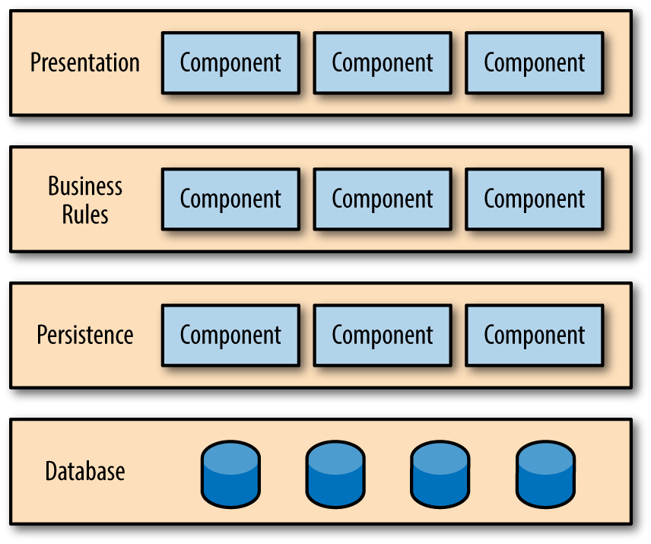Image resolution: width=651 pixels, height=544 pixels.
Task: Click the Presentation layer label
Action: coord(85,62)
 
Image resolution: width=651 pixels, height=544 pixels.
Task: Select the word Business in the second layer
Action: coord(85,186)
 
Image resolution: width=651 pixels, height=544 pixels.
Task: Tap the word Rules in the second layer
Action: coord(85,214)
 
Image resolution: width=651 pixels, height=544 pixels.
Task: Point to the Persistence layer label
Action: coord(85,335)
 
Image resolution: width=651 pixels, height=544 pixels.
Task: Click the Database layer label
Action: coord(85,471)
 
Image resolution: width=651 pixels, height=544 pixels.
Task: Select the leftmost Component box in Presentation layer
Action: coord(230,62)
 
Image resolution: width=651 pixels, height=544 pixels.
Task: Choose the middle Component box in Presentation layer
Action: coord(383,62)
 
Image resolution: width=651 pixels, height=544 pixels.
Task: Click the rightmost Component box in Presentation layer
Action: coord(535,62)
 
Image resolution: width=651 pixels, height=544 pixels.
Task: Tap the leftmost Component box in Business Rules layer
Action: coord(230,199)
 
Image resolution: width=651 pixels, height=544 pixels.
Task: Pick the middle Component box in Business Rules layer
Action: coord(383,199)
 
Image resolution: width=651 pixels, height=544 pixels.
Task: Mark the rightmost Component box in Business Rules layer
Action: coord(535,199)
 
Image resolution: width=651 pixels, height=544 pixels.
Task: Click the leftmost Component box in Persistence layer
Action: coord(230,335)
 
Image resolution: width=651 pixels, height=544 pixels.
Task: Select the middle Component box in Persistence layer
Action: coord(383,335)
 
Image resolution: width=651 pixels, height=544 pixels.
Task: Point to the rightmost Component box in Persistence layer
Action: coord(535,335)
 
